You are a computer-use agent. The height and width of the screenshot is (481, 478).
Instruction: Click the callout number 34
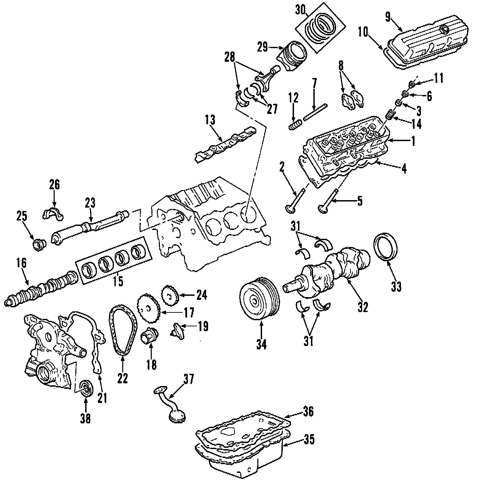point(261,344)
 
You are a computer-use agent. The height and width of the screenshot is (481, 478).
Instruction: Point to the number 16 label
point(21,263)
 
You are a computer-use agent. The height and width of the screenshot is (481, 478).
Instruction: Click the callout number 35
point(309,440)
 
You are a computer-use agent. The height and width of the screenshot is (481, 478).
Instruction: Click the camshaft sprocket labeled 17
point(148,307)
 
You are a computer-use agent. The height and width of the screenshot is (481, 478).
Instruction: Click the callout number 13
point(210,120)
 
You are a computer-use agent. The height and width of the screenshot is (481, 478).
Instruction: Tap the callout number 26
point(54,185)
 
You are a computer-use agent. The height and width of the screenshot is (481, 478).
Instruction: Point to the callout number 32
point(363,307)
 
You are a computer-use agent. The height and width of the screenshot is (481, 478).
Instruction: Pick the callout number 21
point(102,398)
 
